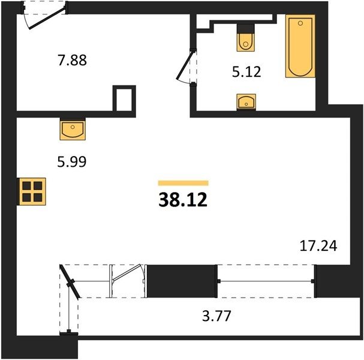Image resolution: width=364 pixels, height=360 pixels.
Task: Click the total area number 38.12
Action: (183, 200)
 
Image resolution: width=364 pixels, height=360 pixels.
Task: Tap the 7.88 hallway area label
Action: (72, 60)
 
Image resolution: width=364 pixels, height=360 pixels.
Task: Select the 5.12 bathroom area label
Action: (246, 71)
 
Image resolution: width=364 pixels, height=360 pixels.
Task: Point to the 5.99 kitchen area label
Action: (72, 161)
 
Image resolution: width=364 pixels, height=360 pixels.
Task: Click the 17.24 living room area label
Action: (318, 246)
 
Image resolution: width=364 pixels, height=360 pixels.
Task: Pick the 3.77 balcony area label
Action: (216, 316)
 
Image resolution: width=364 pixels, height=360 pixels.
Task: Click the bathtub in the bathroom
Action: (300, 46)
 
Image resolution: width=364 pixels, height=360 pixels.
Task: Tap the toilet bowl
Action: (246, 43)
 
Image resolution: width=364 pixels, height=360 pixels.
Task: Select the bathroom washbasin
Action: (246, 102)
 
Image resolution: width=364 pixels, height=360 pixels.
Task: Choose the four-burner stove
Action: (32, 191)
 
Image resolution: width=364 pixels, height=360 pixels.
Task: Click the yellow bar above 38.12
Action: (183, 183)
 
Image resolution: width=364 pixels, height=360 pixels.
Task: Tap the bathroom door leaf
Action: (185, 66)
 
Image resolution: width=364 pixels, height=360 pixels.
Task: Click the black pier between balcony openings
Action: (182, 281)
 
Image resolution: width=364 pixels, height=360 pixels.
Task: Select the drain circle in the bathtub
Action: (300, 23)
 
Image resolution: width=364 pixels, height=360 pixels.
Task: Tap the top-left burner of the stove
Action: (27, 186)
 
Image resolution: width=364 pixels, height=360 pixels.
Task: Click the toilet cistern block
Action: (246, 29)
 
